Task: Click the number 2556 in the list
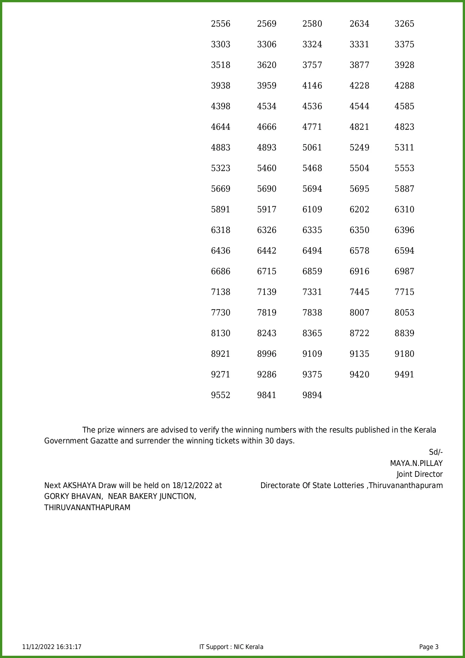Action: (x=221, y=24)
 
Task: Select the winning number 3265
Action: (x=404, y=24)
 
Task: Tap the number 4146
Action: (x=312, y=86)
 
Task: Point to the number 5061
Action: (x=312, y=148)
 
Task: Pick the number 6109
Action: (x=312, y=210)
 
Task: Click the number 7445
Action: (x=359, y=292)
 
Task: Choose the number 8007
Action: (x=359, y=313)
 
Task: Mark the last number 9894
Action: (x=312, y=395)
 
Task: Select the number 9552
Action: (x=221, y=395)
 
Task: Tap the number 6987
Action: (x=404, y=272)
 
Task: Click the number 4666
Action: (x=267, y=127)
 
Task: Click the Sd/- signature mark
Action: (x=436, y=452)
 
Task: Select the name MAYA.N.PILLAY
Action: (x=416, y=464)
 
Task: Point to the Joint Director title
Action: (x=420, y=475)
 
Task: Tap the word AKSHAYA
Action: (x=79, y=486)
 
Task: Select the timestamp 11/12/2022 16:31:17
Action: (x=52, y=647)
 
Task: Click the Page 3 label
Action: (x=429, y=647)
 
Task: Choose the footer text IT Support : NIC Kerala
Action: (x=231, y=647)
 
